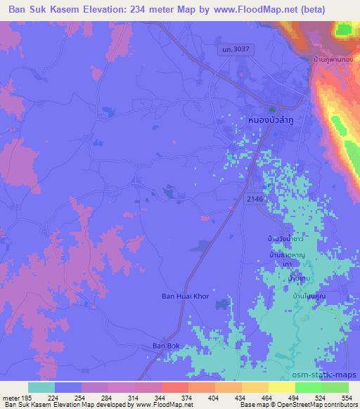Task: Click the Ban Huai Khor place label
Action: [186, 297]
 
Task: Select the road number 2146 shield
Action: [255, 200]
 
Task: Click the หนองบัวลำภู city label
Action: [272, 121]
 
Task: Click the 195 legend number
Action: [27, 396]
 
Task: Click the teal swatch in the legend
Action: [41, 387]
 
